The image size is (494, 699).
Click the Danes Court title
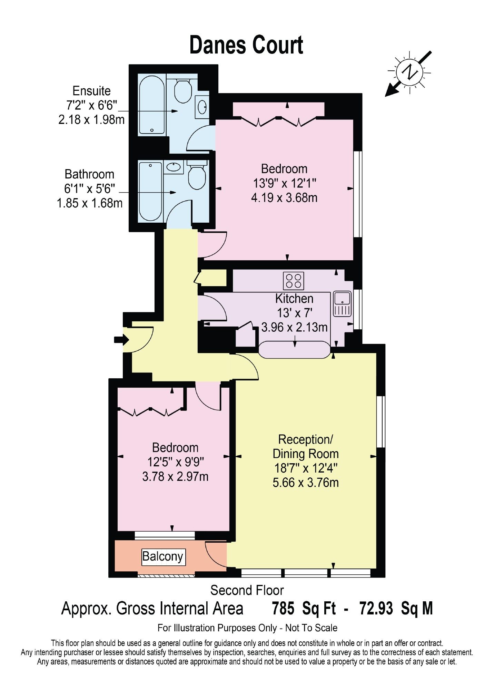point(246,45)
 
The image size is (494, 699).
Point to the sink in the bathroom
point(174,168)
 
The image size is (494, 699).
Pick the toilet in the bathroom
point(197,174)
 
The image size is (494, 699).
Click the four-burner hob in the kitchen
point(294,281)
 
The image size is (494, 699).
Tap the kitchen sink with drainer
point(342,304)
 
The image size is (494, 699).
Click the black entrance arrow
point(121,340)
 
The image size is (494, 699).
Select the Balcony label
point(163,556)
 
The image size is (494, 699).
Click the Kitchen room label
point(294,298)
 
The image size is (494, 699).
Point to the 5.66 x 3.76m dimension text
point(306,482)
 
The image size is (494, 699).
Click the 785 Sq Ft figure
point(304,608)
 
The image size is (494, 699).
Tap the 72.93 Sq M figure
point(396,608)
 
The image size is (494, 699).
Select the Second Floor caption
point(247,590)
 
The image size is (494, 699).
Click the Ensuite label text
point(91,91)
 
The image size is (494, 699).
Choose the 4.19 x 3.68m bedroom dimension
point(284,198)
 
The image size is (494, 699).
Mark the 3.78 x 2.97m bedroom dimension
point(175,477)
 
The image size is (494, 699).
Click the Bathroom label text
point(89,174)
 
